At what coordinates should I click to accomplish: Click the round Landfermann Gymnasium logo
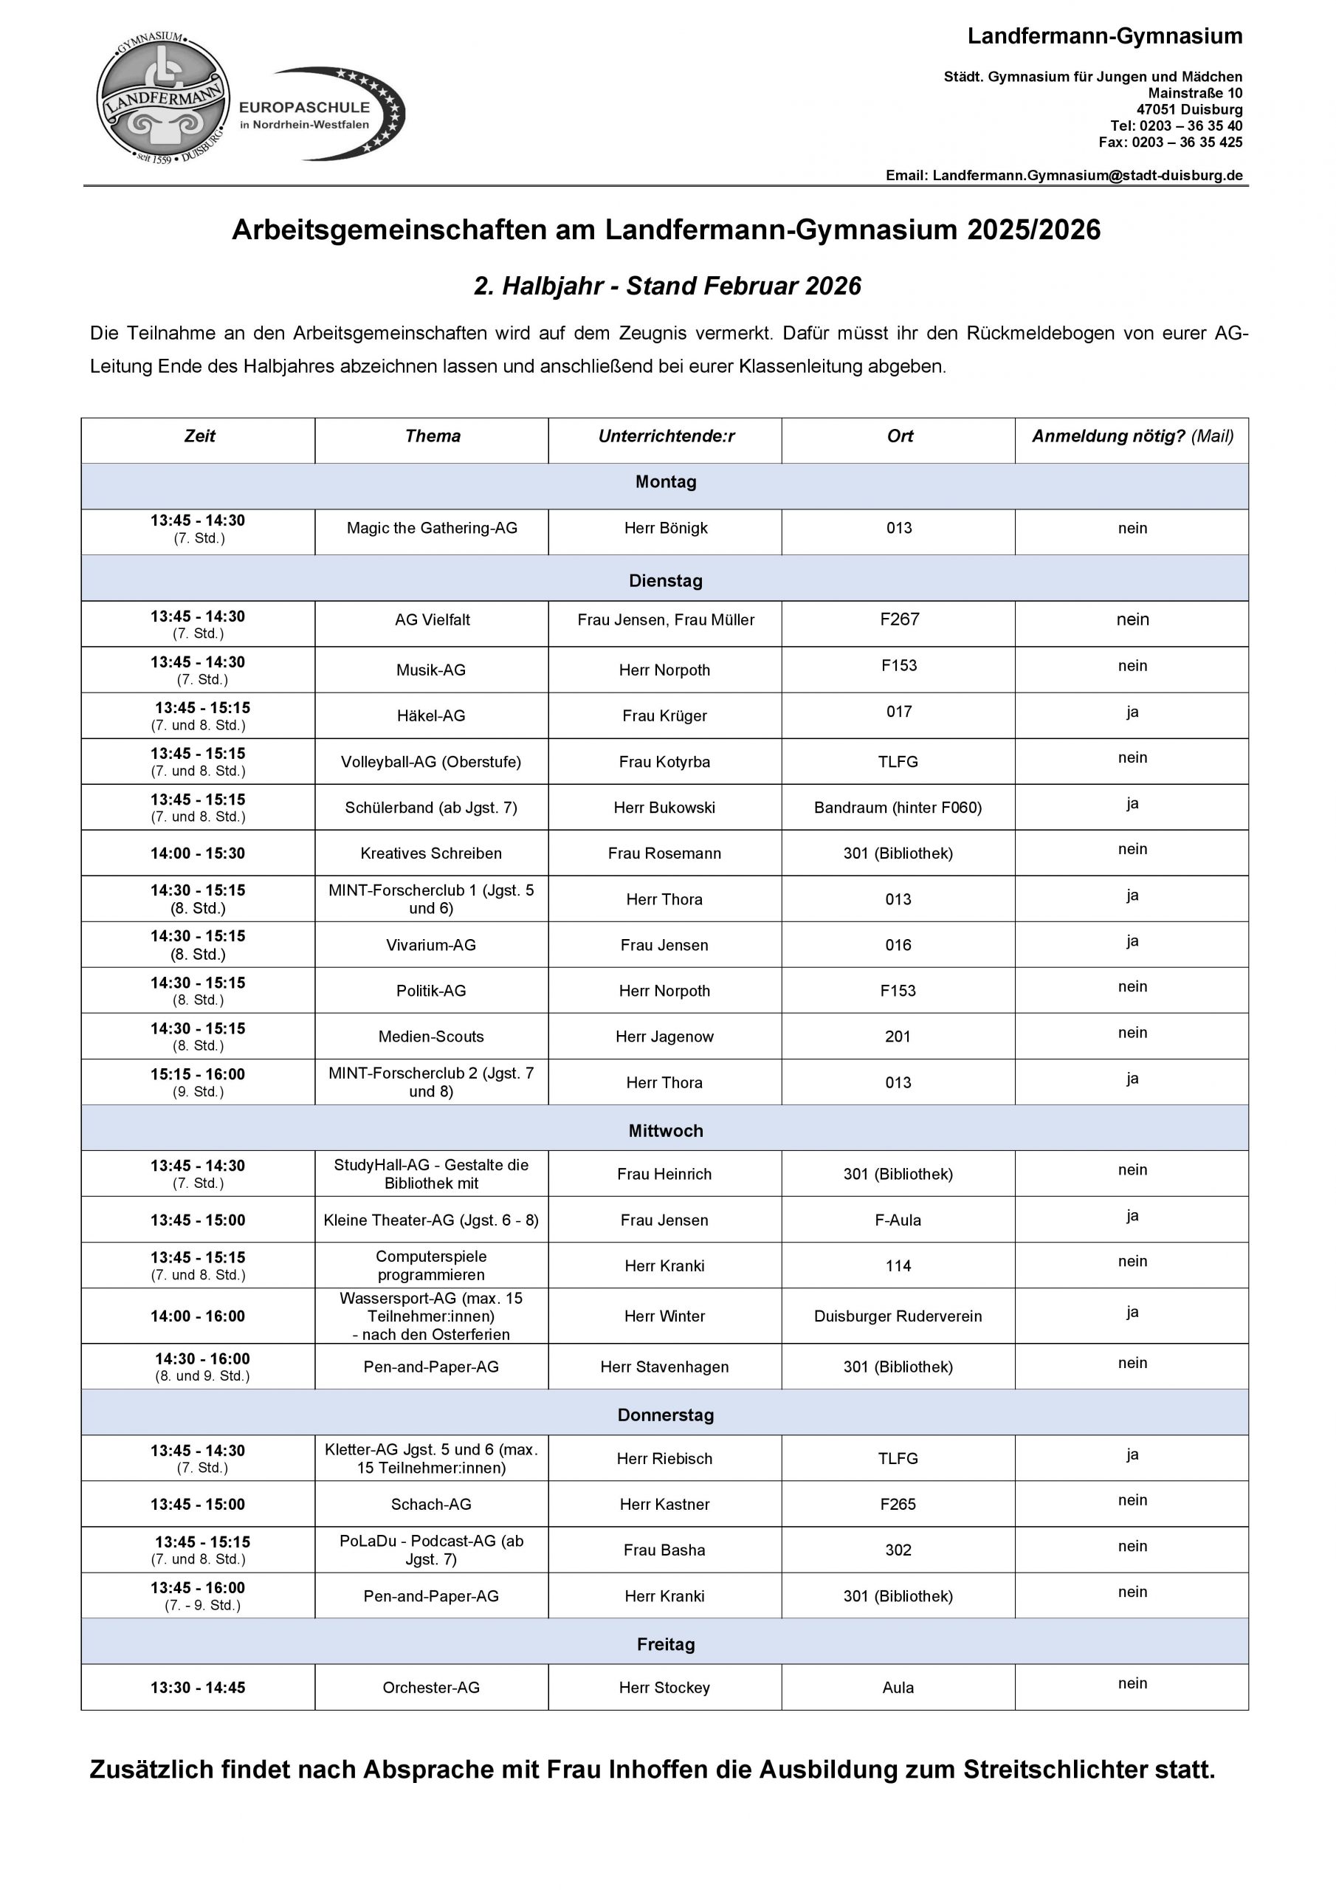tap(163, 97)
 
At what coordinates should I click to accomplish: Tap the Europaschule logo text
tap(305, 114)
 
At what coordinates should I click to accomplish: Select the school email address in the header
tap(1087, 175)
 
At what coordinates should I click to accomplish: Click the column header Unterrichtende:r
tap(666, 436)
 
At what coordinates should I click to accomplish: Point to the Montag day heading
tap(665, 482)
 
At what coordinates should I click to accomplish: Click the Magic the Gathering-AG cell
tap(431, 529)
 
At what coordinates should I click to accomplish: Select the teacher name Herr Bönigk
tap(665, 529)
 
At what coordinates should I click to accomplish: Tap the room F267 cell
tap(898, 620)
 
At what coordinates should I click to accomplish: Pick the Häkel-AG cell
tap(430, 716)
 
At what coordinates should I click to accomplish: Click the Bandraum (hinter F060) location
tap(898, 808)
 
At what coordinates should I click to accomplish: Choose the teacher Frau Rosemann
tap(664, 853)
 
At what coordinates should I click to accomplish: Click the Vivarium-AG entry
tap(430, 945)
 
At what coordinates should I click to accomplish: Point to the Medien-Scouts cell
tap(430, 1037)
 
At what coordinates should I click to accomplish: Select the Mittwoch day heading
tap(665, 1131)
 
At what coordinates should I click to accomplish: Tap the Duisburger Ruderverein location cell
tap(898, 1316)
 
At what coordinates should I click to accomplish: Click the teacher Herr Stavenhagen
tap(664, 1367)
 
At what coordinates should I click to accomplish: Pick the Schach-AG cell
tap(430, 1505)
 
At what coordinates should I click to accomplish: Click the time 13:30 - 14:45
tap(198, 1688)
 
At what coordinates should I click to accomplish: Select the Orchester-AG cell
tap(430, 1688)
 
